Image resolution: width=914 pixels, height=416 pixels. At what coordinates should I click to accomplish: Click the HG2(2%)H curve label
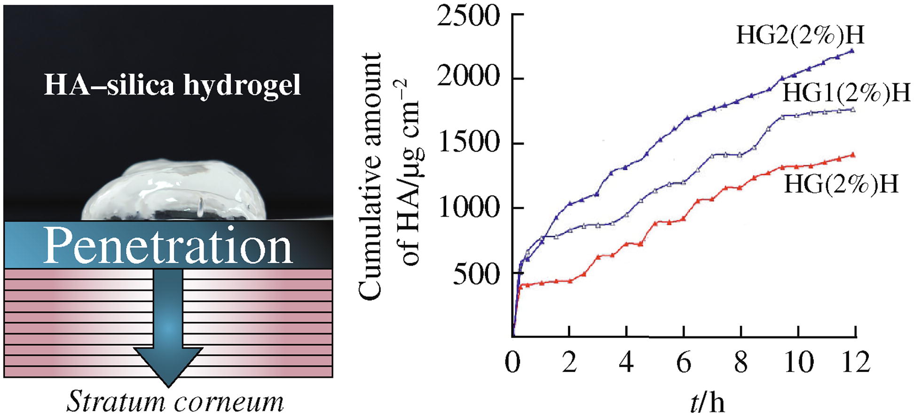(800, 35)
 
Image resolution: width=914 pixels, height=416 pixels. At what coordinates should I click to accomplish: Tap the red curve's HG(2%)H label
(841, 184)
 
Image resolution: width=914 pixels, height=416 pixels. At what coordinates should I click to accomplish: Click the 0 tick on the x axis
(512, 363)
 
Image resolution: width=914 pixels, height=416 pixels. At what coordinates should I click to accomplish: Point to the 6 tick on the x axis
(684, 363)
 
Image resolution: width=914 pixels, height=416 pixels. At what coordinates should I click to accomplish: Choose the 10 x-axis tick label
(798, 363)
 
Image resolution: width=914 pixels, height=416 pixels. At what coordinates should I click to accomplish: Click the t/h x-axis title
(707, 402)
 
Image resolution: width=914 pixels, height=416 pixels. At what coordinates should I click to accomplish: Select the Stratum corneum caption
(175, 402)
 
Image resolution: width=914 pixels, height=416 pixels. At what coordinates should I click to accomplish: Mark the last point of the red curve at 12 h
(853, 155)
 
